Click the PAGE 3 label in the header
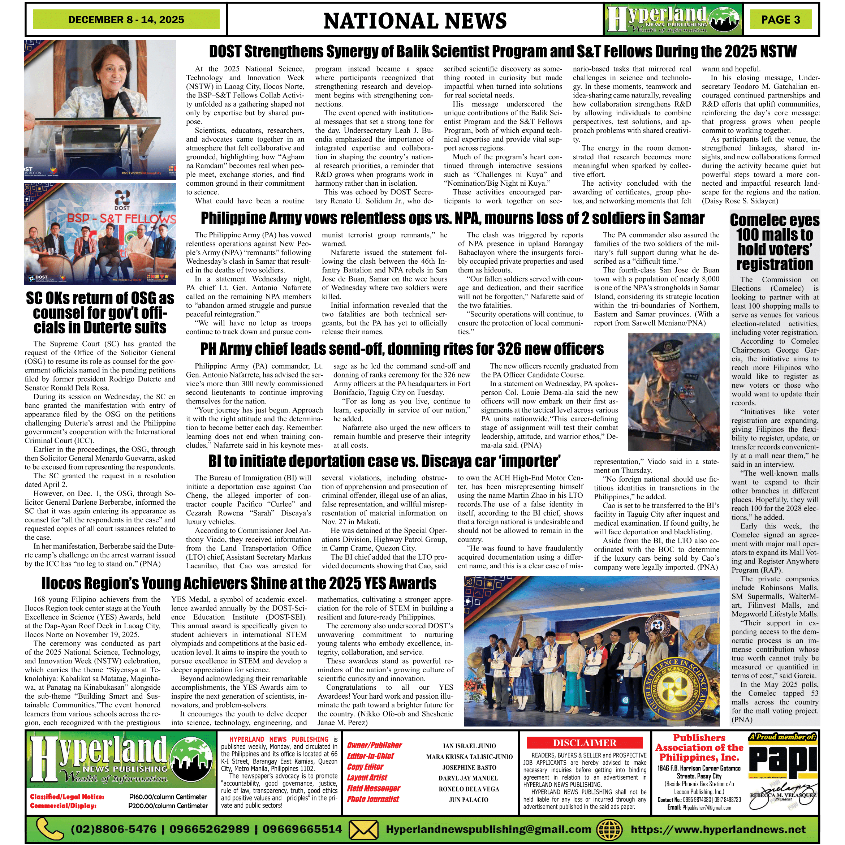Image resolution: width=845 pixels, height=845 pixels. coord(780,20)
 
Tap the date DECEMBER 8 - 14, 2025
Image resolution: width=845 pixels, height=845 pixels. coord(126,20)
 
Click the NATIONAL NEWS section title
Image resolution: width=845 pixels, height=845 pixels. coord(415,21)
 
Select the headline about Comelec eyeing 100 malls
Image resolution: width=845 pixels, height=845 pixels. coord(775,242)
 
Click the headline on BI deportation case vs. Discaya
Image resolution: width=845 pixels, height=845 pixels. coord(384,461)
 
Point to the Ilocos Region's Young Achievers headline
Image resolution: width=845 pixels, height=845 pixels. coord(239,583)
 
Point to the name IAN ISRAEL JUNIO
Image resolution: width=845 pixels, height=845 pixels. coord(469,746)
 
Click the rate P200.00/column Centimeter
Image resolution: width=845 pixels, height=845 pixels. coord(168,806)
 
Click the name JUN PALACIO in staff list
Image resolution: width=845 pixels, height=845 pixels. coord(469,799)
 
